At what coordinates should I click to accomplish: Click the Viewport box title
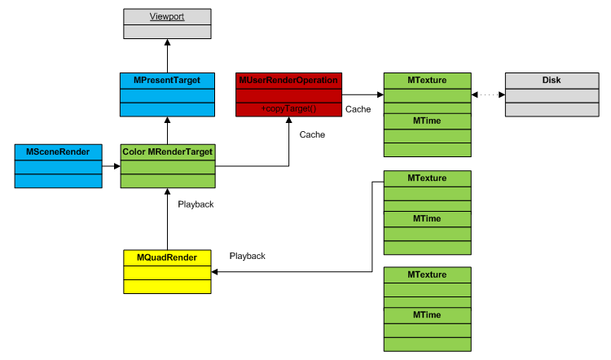point(167,16)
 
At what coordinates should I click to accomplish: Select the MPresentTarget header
point(167,80)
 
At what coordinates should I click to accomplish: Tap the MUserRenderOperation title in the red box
point(288,80)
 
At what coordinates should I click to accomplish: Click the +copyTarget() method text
point(288,108)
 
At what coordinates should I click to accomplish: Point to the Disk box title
point(551,80)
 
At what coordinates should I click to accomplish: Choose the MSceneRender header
point(59,151)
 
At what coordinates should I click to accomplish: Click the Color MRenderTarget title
point(167,151)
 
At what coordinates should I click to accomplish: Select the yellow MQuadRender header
point(167,257)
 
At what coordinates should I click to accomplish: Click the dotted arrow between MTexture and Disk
point(488,94)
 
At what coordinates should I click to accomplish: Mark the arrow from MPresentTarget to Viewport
point(167,56)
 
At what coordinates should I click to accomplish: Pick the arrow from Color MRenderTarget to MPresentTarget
point(167,131)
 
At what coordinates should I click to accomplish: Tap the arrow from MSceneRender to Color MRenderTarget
point(112,166)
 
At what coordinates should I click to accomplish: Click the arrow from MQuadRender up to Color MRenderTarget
point(167,219)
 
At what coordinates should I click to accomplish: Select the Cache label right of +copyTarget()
point(358,109)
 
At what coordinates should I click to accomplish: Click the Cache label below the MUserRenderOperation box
point(312,134)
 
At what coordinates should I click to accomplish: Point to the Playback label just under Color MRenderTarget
point(196,204)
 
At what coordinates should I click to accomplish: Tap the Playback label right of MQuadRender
point(247,256)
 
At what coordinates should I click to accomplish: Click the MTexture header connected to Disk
point(427,80)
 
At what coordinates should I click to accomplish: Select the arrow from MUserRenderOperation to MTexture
point(363,94)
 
